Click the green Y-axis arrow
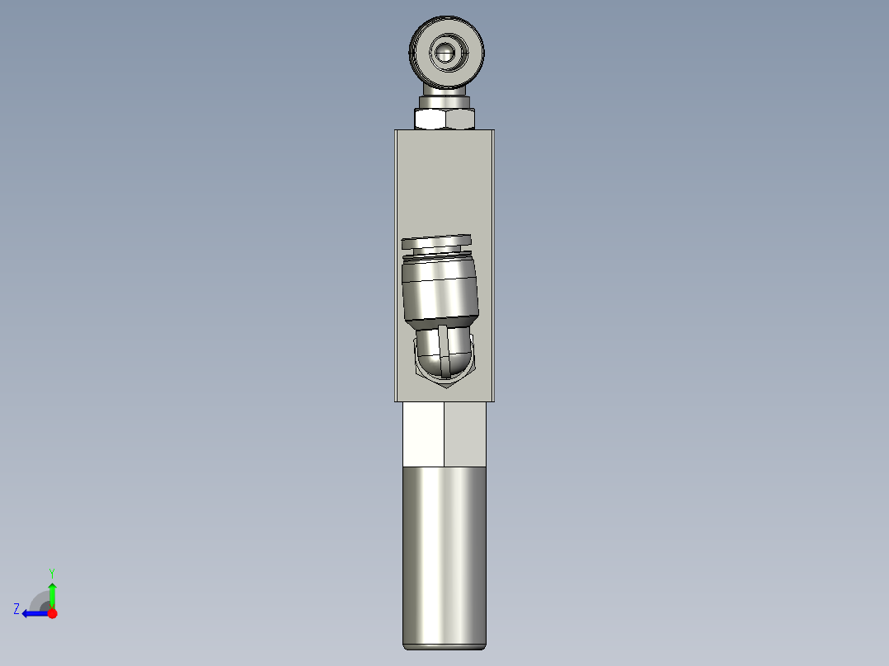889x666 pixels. tap(52, 593)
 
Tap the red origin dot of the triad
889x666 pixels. tap(52, 613)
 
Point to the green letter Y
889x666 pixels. tap(51, 572)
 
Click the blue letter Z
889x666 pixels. tap(16, 609)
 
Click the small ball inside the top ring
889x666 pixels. tap(445, 53)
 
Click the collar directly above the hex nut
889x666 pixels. tap(445, 101)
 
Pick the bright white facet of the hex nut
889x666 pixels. tap(430, 120)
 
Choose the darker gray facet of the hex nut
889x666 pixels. tap(460, 120)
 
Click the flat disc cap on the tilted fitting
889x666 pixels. tap(436, 242)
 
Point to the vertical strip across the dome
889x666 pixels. tap(444, 350)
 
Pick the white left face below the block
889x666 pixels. tap(423, 434)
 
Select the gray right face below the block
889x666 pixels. tap(465, 434)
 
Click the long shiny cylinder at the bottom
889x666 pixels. tap(444, 556)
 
